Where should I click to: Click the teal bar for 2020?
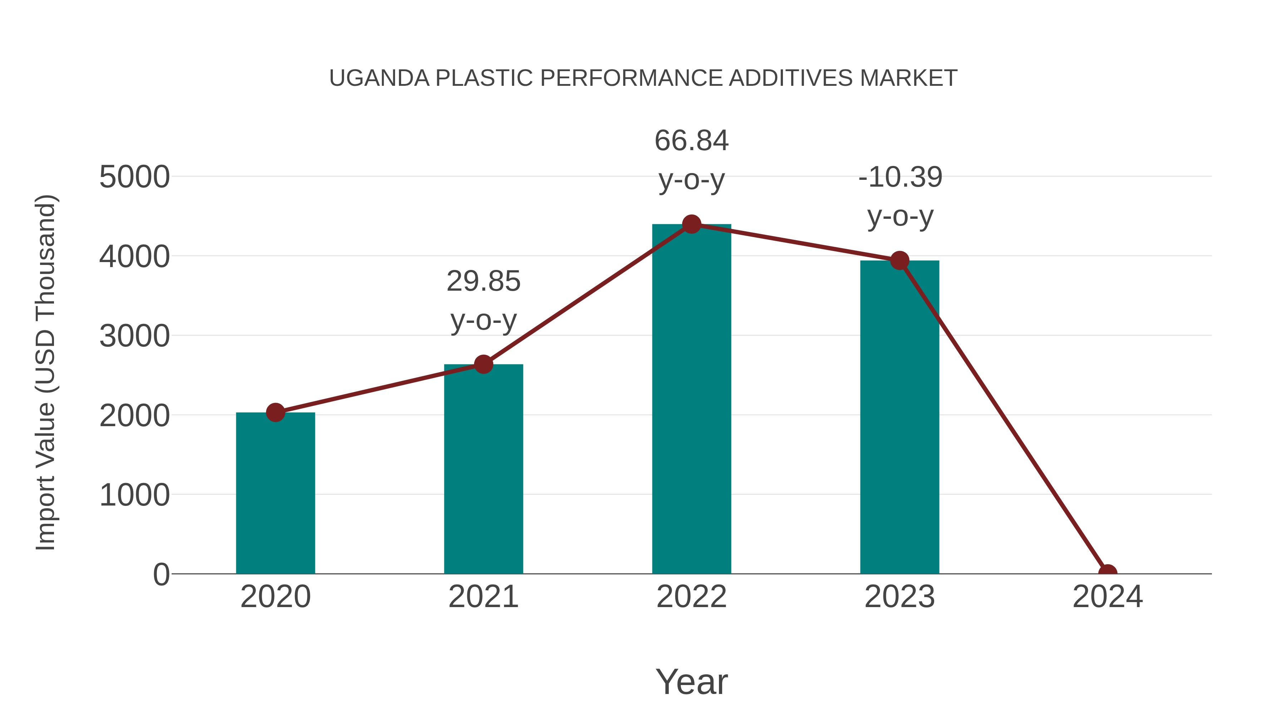point(275,495)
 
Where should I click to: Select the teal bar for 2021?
point(483,470)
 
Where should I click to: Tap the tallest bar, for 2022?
point(691,400)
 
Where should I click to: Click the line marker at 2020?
point(275,413)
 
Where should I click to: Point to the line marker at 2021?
point(483,364)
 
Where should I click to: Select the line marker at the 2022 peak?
point(691,224)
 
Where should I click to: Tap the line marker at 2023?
point(899,260)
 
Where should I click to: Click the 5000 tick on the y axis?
point(134,177)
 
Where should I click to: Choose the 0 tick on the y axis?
point(161,574)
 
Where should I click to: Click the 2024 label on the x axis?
point(1108,597)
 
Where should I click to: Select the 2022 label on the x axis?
point(691,597)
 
